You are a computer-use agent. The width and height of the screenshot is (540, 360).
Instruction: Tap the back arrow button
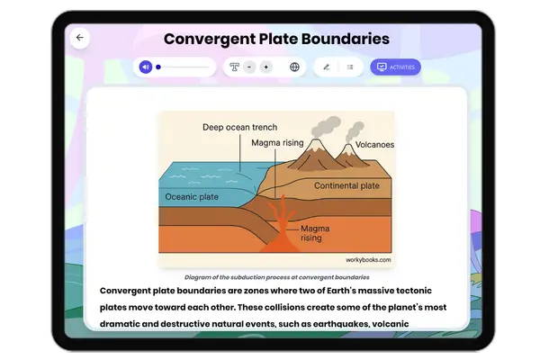(79, 38)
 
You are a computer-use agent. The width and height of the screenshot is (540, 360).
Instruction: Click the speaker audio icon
(146, 67)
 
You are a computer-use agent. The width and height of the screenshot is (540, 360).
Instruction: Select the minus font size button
(249, 67)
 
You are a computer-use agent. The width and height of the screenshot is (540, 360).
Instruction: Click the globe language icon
(294, 67)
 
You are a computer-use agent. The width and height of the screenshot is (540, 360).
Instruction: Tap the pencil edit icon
(326, 67)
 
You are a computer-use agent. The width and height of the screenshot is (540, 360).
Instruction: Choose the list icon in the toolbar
(350, 67)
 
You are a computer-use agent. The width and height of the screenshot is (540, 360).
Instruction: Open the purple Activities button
(395, 67)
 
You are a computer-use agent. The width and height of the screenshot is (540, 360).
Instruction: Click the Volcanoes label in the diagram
(374, 144)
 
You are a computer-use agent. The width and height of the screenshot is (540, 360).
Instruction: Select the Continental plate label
(346, 186)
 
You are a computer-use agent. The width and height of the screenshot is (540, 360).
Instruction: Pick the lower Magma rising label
(311, 233)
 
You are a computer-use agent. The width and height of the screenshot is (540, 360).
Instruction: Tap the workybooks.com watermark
(368, 259)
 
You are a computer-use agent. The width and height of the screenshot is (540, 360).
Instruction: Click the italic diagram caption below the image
(276, 277)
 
